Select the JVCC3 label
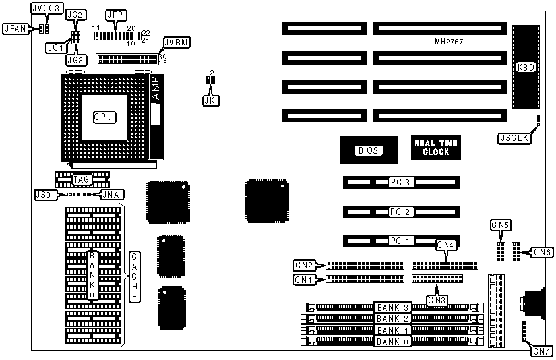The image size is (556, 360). click(46, 9)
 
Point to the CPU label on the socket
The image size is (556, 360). click(104, 117)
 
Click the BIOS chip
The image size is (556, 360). click(368, 150)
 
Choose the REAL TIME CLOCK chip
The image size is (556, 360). click(435, 148)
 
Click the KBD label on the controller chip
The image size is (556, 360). click(526, 67)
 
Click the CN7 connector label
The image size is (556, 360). click(542, 351)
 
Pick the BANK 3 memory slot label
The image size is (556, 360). click(393, 307)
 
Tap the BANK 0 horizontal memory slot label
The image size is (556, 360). click(393, 342)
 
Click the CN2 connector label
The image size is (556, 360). click(304, 266)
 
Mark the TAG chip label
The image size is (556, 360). click(81, 179)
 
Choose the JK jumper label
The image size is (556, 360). click(209, 100)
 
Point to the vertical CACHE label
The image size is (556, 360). click(134, 276)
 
